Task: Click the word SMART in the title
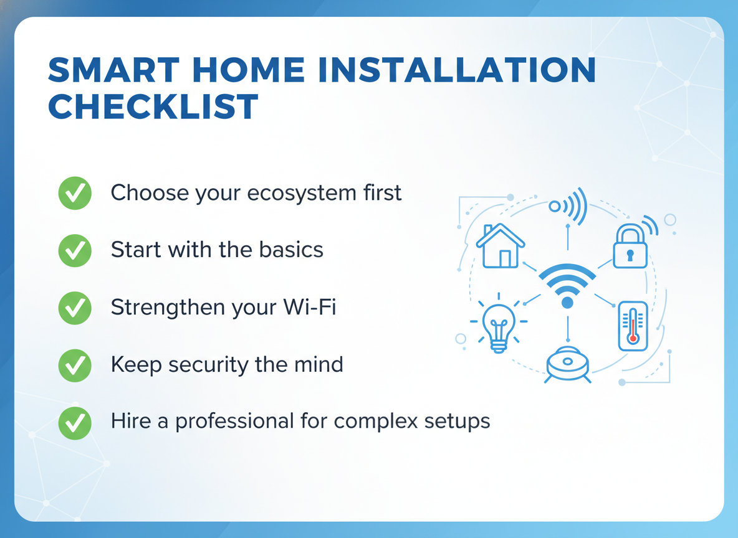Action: (x=113, y=70)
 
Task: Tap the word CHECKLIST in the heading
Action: (x=153, y=106)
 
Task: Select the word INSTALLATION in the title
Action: (x=457, y=70)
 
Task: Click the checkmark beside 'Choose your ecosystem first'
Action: (x=75, y=193)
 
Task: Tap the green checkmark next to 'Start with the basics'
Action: (x=75, y=250)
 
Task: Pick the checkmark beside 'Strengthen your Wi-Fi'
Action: (x=75, y=308)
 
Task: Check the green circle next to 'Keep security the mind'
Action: (x=75, y=365)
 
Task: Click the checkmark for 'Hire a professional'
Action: (x=75, y=423)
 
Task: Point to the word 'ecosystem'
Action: (x=302, y=194)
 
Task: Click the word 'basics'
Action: (x=291, y=250)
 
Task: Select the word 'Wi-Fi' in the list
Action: (x=310, y=307)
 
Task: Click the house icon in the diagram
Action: (x=501, y=245)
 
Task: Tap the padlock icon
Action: (x=630, y=246)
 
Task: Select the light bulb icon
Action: (x=499, y=323)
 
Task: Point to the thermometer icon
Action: (x=633, y=326)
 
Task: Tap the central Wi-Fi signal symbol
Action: (x=568, y=285)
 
